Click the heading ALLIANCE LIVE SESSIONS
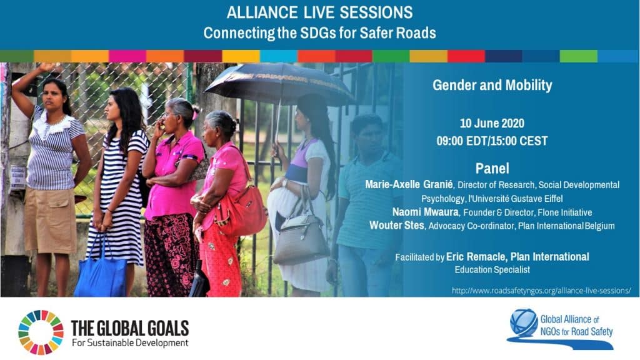pyautogui.click(x=319, y=12)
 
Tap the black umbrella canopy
pyautogui.click(x=279, y=84)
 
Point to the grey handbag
pyautogui.click(x=301, y=241)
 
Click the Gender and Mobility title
pyautogui.click(x=492, y=85)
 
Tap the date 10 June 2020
pyautogui.click(x=492, y=123)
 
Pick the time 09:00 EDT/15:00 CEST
pyautogui.click(x=492, y=141)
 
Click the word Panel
pyautogui.click(x=492, y=168)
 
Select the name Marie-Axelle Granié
pyautogui.click(x=409, y=184)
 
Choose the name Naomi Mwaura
pyautogui.click(x=425, y=212)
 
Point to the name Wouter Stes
pyautogui.click(x=397, y=225)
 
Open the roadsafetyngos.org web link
pyautogui.click(x=541, y=291)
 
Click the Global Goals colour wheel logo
pyautogui.click(x=41, y=332)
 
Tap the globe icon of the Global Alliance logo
pyautogui.click(x=524, y=323)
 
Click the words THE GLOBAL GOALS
pyautogui.click(x=130, y=328)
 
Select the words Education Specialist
pyautogui.click(x=492, y=270)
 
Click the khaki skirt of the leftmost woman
pyautogui.click(x=50, y=221)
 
